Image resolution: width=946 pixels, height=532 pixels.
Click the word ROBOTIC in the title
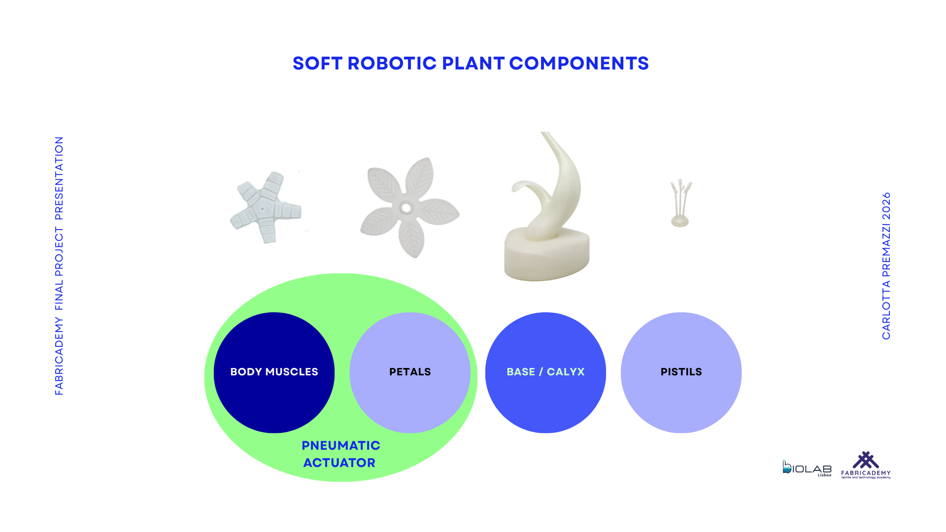pos(392,64)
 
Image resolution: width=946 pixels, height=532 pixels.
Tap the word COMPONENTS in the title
pos(579,64)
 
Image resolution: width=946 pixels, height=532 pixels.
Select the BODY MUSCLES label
pos(274,372)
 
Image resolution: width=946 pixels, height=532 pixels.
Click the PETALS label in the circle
pos(410,372)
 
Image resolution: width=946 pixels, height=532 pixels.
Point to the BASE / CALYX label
pos(545,372)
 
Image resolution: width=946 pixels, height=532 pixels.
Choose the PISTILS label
pos(681,372)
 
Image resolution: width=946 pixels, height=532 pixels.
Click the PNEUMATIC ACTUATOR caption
pos(340,454)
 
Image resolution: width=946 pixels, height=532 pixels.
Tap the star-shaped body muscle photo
pos(266,207)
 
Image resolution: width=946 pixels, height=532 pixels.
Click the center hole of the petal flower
pos(406,208)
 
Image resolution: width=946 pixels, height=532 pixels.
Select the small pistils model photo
pos(680,203)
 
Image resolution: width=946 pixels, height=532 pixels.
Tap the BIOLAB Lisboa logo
pos(807,468)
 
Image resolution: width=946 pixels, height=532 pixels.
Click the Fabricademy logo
pos(866,465)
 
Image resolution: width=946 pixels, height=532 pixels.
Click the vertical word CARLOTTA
pos(886,310)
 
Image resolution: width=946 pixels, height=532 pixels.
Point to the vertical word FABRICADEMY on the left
pos(59,356)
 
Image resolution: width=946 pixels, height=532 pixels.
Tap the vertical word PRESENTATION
pos(59,178)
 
